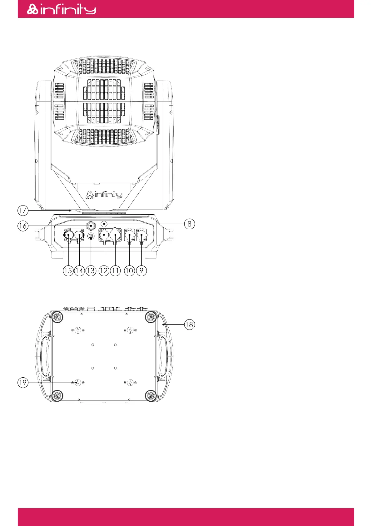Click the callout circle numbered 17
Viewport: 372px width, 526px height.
pos(23,211)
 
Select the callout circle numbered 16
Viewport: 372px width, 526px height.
pos(23,226)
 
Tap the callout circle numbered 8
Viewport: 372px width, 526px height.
pos(189,224)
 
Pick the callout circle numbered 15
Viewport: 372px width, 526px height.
pos(68,271)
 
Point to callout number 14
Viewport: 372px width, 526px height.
pos(79,271)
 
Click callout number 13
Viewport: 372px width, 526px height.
pos(91,271)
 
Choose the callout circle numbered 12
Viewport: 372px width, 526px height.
pos(104,271)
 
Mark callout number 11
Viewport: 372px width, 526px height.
pos(115,271)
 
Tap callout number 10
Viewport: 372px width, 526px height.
pos(129,271)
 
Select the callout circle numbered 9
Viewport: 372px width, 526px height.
pos(141,271)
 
